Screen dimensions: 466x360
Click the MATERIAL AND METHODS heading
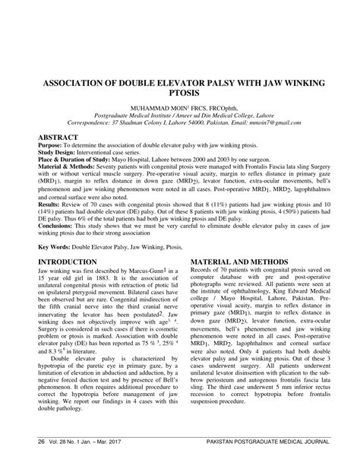242,260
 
